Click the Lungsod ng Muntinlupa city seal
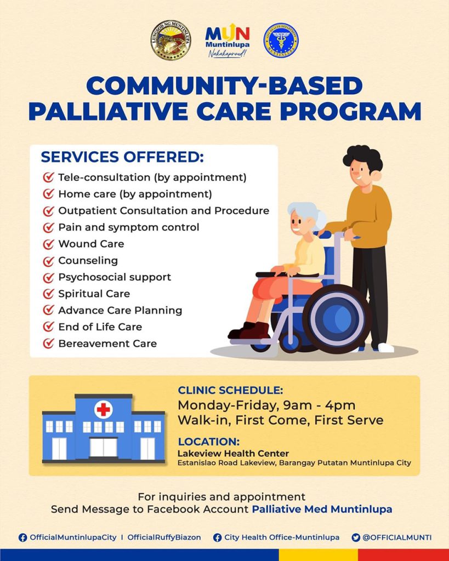click(x=171, y=40)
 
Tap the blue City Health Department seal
click(x=281, y=41)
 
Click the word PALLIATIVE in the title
click(x=109, y=111)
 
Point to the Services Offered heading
click(x=122, y=157)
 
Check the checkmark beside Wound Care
click(x=48, y=244)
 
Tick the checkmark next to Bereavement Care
click(x=48, y=344)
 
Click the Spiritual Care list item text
click(x=94, y=294)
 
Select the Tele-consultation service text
click(x=152, y=178)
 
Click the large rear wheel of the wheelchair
click(x=337, y=318)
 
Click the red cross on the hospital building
click(x=104, y=409)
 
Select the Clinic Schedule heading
click(x=230, y=390)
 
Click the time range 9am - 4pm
click(x=319, y=406)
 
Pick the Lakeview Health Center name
click(x=233, y=454)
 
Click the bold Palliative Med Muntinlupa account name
click(x=322, y=509)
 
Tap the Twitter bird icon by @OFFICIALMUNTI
click(x=356, y=537)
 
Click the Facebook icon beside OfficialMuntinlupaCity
click(x=22, y=537)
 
